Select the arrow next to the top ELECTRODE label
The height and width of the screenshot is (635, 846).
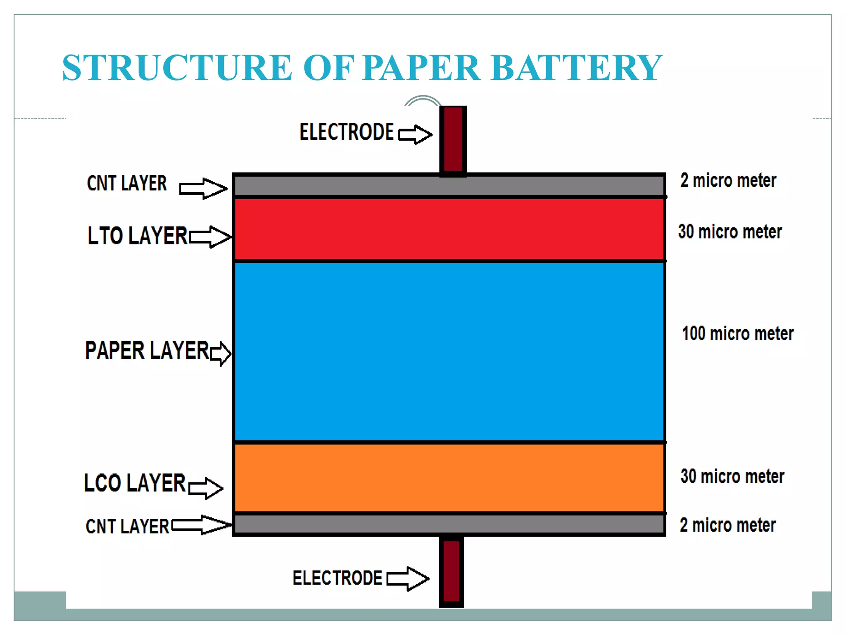415,134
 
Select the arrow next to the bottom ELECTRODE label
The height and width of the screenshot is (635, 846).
408,578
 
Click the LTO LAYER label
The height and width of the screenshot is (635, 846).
138,236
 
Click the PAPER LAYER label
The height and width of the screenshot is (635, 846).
147,351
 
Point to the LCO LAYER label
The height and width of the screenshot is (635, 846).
135,483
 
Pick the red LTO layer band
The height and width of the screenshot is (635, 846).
449,229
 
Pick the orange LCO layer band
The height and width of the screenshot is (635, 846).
449,478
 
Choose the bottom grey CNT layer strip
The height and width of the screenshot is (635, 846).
449,524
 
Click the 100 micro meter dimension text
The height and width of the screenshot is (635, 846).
737,334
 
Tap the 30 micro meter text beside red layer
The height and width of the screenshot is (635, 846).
730,232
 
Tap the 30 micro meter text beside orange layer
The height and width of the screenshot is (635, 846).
732,476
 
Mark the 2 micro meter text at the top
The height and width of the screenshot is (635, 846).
728,181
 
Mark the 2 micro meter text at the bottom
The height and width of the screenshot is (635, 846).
727,525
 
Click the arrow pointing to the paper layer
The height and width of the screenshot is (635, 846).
221,353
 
